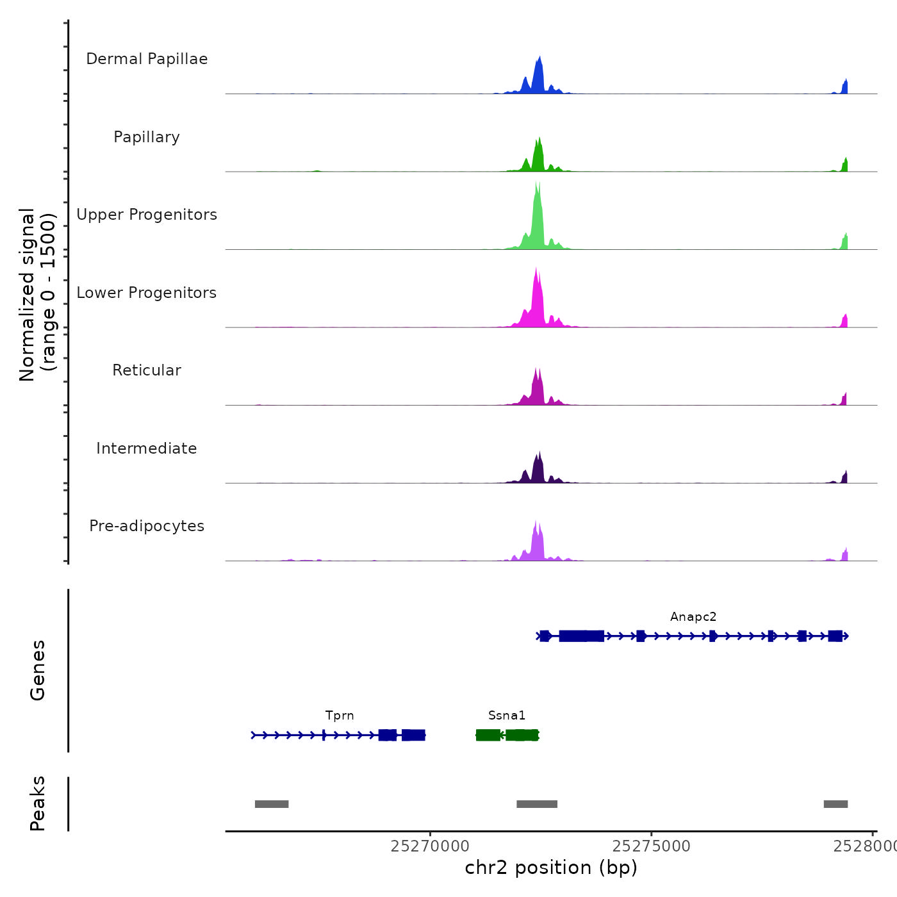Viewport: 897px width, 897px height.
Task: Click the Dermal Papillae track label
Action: [x=147, y=59]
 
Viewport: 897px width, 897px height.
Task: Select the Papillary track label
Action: [x=147, y=137]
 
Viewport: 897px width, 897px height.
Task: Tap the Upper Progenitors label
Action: [x=147, y=215]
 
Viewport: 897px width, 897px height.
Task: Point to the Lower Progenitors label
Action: [x=147, y=293]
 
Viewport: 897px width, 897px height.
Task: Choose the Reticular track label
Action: [x=147, y=370]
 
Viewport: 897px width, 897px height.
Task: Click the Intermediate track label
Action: [x=147, y=448]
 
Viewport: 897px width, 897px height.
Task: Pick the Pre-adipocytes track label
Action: [x=147, y=526]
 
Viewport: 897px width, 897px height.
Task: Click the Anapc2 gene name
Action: [x=693, y=617]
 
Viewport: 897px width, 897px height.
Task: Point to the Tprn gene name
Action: [x=340, y=716]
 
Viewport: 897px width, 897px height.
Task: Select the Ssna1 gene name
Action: [x=507, y=716]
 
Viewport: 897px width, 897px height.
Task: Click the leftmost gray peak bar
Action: [x=272, y=804]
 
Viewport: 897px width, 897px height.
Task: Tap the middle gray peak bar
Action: [x=537, y=804]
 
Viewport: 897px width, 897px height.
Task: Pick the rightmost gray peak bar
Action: [x=835, y=804]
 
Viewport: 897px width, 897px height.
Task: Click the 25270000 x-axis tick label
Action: [x=430, y=846]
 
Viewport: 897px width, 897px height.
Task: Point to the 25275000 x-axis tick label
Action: [x=652, y=846]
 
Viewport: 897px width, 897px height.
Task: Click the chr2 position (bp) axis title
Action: [x=551, y=868]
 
